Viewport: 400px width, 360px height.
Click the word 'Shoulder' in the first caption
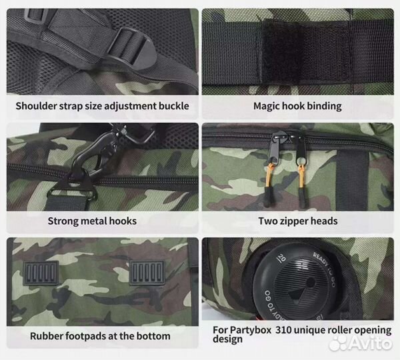(x=36, y=106)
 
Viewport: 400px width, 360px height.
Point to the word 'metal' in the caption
(x=93, y=221)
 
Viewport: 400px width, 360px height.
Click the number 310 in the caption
(x=283, y=330)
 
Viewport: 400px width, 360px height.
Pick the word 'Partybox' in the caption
(x=251, y=330)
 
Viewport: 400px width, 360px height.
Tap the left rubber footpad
(x=41, y=273)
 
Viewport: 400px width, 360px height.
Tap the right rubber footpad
(x=147, y=273)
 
